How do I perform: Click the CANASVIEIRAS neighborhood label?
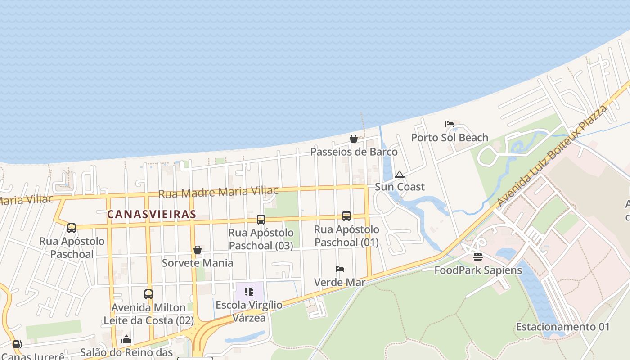tap(152, 214)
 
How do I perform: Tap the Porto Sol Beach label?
tap(450, 138)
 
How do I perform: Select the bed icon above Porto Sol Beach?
tap(449, 124)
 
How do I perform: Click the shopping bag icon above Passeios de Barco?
tap(354, 139)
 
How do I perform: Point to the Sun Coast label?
tap(400, 187)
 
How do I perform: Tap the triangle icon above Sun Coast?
tap(399, 174)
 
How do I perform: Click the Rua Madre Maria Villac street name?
tap(218, 192)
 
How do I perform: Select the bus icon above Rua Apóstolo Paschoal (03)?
tap(261, 220)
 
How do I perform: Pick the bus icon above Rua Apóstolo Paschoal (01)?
tap(346, 216)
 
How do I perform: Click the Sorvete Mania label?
tap(198, 263)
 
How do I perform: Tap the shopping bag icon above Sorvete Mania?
tap(198, 250)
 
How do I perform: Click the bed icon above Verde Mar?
tap(340, 269)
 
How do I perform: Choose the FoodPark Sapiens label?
tap(478, 270)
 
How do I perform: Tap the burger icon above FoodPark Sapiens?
tap(478, 257)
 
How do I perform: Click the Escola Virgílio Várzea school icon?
tap(249, 292)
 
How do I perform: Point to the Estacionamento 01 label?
tap(562, 327)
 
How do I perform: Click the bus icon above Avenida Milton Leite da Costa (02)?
tap(148, 294)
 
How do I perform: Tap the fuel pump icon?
tap(17, 344)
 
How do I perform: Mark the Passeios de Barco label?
tap(354, 152)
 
